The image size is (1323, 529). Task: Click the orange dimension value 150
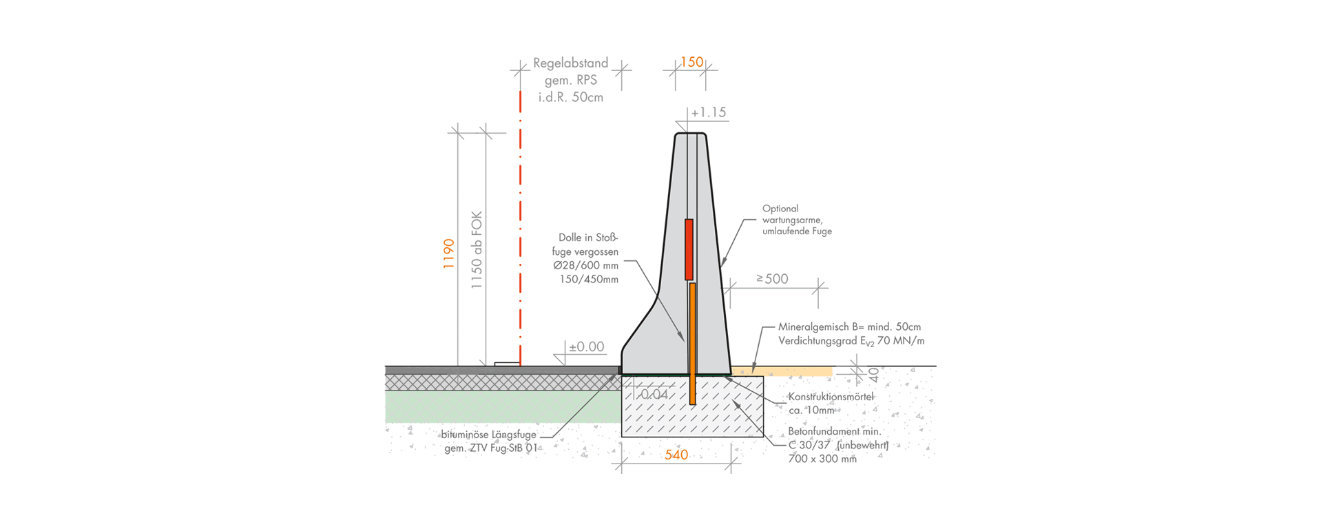point(691,62)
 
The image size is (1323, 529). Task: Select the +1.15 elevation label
point(709,112)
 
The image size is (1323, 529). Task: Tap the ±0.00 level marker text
point(586,347)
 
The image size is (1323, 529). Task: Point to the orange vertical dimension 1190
point(448,253)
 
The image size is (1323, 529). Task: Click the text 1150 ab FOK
point(476,250)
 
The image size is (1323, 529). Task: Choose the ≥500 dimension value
point(772,279)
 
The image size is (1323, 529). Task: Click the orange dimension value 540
point(676,455)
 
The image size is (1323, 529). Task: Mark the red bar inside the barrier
point(689,249)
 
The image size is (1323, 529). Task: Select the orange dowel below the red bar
point(692,344)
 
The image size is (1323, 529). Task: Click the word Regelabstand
point(570,63)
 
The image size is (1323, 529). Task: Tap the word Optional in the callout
point(780,209)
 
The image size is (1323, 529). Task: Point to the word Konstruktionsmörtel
point(831,397)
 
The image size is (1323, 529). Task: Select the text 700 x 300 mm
point(822,459)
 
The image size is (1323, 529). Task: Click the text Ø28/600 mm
point(586,266)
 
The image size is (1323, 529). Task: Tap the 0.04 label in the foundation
point(654,395)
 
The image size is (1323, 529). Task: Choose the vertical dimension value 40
point(874,375)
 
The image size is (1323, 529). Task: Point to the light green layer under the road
point(503,406)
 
